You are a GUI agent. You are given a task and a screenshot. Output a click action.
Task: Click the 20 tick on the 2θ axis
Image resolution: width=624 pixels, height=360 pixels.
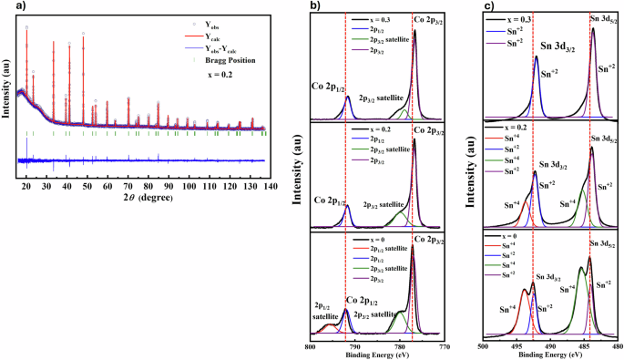click(x=26, y=185)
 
